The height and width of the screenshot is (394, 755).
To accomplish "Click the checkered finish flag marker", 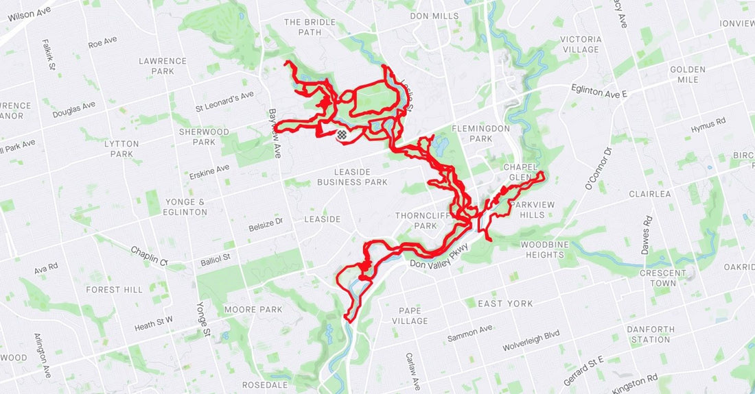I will point(341,136).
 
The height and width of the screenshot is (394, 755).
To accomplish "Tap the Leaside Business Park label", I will point(352,177).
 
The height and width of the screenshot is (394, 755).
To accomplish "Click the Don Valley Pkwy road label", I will point(439,256).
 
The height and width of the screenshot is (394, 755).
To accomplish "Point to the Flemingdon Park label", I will point(481,134).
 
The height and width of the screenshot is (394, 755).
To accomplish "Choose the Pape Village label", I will point(410,316).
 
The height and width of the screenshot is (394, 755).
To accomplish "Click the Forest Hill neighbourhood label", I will point(115,290).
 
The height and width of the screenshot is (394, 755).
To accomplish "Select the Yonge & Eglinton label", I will point(186,207).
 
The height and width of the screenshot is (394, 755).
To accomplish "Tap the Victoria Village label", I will point(581,45).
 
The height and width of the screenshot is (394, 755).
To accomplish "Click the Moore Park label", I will point(253,310).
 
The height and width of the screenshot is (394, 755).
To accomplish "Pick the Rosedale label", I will point(265,385).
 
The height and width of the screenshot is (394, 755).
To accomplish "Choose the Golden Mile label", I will point(688,75).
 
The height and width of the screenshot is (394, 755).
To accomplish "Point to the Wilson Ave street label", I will point(29,14).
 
